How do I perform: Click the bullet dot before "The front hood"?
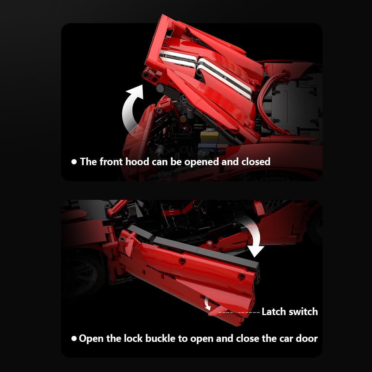74,162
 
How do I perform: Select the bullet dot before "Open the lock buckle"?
74,339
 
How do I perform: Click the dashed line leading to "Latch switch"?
239,312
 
